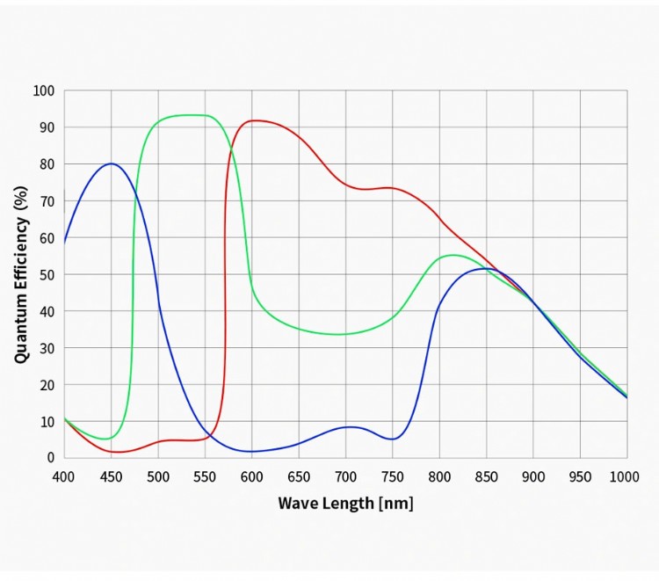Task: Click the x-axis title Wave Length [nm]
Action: [345, 504]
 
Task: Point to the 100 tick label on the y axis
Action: [44, 91]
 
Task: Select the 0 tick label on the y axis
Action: [51, 458]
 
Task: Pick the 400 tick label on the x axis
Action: [64, 476]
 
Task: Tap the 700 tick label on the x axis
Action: [345, 476]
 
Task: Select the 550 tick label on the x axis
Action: [205, 476]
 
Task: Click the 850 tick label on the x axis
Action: [486, 476]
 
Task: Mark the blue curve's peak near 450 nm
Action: [112, 163]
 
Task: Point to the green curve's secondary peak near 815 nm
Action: [453, 255]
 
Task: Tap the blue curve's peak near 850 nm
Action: [484, 268]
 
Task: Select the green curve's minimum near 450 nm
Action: [107, 439]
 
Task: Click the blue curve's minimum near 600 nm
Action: [252, 452]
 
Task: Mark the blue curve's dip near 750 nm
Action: [394, 439]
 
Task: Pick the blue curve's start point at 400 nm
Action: [64, 242]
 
